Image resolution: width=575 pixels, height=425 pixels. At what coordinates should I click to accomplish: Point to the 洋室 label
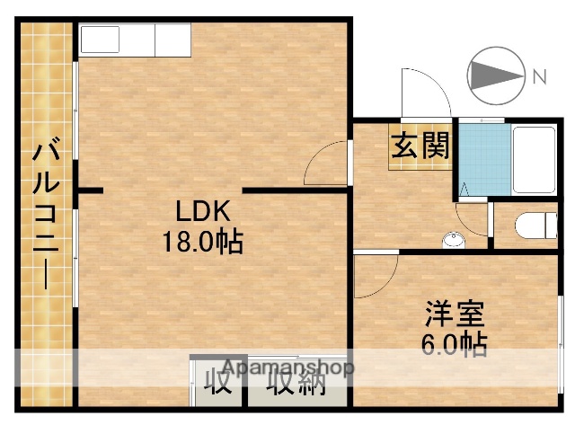tap(455, 315)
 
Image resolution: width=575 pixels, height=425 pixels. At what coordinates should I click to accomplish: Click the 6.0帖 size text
tap(455, 344)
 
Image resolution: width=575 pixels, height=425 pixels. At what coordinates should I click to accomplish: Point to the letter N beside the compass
tap(539, 76)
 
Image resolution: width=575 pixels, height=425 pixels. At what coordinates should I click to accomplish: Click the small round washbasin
tap(455, 239)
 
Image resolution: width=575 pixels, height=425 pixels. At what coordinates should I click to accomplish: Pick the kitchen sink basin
tap(100, 40)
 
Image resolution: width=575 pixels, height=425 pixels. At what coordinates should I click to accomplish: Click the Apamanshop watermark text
tap(287, 367)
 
